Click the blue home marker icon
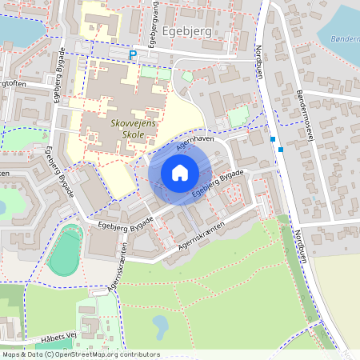(180, 172)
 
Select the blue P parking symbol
(134, 54)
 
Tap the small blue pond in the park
(160, 325)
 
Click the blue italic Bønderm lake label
(338, 38)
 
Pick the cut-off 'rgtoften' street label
(16, 82)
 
